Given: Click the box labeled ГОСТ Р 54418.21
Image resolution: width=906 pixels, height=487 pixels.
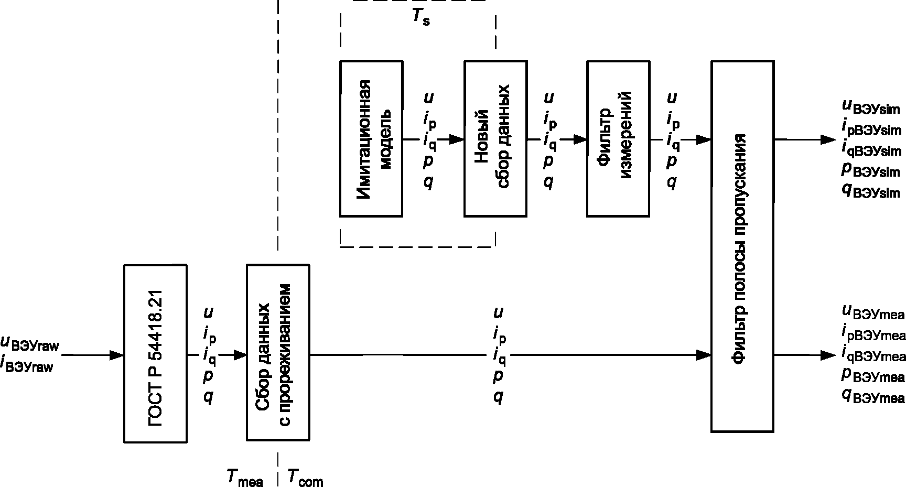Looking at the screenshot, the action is coord(156,354).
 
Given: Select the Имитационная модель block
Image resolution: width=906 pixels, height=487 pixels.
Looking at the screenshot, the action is coord(371,138).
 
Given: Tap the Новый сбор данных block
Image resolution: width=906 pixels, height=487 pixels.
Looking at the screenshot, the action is coord(495,138).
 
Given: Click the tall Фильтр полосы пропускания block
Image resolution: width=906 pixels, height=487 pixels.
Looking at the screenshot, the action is coord(742,246).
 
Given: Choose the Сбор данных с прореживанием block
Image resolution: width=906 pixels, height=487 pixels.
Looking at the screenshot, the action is coord(278,354).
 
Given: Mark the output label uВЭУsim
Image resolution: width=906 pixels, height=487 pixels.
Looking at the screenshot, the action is coord(870,107).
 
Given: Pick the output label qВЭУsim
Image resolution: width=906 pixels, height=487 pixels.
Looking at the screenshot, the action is coord(870,191).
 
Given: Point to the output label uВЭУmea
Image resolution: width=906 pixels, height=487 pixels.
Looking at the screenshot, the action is coord(873,312).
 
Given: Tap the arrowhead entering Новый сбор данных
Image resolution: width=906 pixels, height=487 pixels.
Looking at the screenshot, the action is coord(457,139).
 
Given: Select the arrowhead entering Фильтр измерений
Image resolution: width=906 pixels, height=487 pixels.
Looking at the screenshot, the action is coord(580,139).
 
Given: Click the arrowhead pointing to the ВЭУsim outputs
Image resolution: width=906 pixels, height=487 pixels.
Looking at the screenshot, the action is coord(828,139).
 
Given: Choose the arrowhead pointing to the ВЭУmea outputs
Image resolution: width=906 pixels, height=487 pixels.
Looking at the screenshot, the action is coord(828,355).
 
